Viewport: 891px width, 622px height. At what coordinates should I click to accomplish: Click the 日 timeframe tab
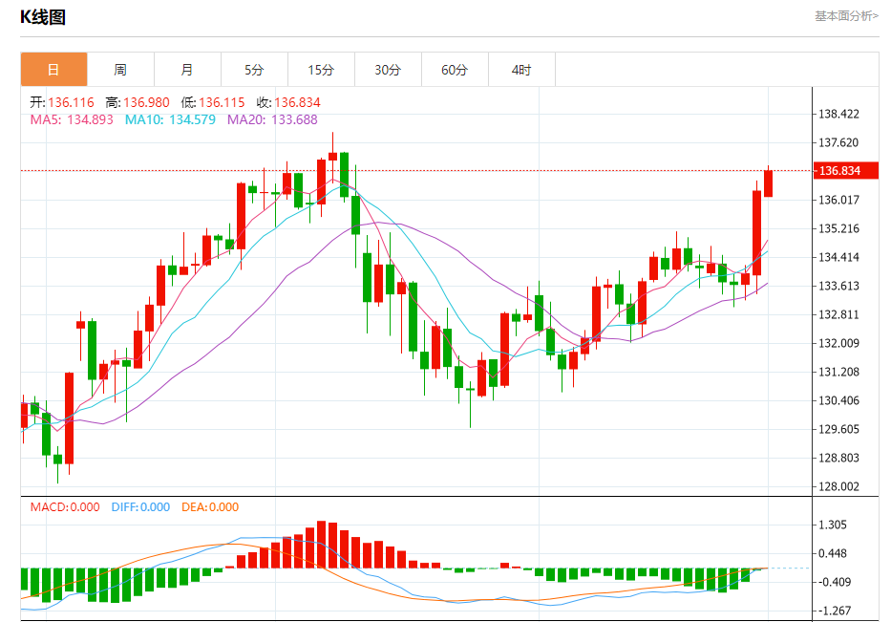(x=53, y=70)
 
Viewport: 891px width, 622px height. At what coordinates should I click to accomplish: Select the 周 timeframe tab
(x=120, y=70)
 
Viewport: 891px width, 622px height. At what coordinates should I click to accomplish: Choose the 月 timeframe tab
(x=187, y=70)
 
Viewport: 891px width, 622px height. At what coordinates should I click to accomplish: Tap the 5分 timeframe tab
(x=254, y=70)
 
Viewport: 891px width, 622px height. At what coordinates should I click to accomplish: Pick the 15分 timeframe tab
(x=321, y=70)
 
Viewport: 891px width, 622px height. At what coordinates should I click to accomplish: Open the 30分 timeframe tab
(x=388, y=70)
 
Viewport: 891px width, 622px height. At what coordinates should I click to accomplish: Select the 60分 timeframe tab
(x=455, y=70)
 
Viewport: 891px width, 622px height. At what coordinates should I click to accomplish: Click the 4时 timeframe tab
(x=521, y=70)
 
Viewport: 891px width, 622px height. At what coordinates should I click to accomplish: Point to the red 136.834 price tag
(x=838, y=171)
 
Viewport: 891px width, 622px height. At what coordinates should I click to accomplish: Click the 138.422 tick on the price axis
(x=839, y=115)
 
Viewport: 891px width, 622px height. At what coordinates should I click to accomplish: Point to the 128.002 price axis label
(x=839, y=486)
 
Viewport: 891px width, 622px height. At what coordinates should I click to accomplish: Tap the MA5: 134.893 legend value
(x=72, y=119)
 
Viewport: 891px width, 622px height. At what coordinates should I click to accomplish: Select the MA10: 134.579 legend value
(x=170, y=119)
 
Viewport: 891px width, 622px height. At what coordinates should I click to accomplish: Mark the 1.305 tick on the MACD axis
(x=833, y=525)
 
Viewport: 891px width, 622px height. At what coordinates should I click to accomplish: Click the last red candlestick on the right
(x=768, y=183)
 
